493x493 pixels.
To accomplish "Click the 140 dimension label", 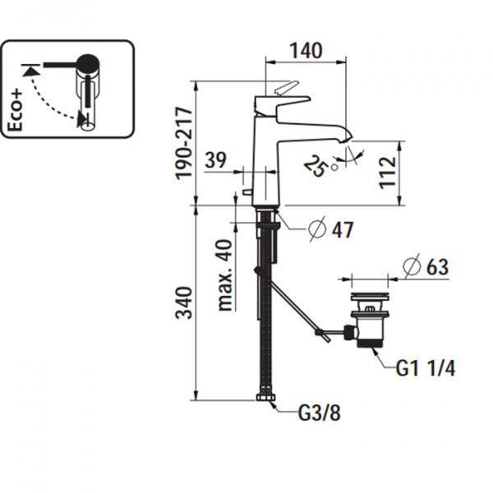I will click(x=306, y=52).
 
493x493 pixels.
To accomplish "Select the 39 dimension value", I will click(x=216, y=161).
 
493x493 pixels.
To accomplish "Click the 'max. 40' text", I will click(x=223, y=274).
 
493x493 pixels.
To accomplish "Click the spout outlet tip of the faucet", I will click(x=346, y=136).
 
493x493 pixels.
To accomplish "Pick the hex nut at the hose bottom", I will click(x=264, y=400).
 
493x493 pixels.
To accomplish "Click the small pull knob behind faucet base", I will click(x=245, y=194).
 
